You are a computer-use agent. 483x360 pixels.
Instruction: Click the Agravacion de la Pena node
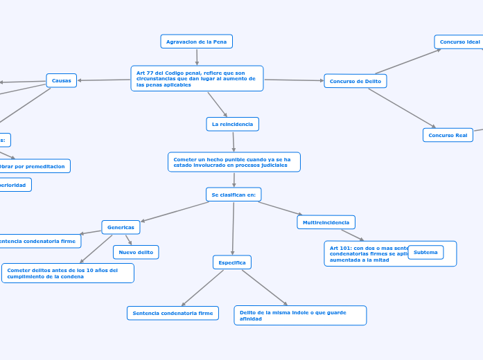pyautogui.click(x=196, y=42)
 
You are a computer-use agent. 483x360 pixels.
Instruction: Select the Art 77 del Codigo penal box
pyautogui.click(x=197, y=78)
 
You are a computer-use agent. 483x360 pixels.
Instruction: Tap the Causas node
pyautogui.click(x=62, y=80)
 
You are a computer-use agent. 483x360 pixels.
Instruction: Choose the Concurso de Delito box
pyautogui.click(x=355, y=81)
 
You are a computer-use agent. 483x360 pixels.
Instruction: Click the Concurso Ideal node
pyautogui.click(x=459, y=42)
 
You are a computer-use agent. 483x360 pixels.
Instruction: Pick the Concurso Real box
pyautogui.click(x=447, y=135)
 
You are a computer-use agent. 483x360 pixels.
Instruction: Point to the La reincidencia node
pyautogui.click(x=232, y=124)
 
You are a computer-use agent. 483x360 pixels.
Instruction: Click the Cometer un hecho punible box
pyautogui.click(x=234, y=162)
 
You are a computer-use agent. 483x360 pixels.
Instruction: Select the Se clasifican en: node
pyautogui.click(x=234, y=195)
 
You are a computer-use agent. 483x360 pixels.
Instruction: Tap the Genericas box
pyautogui.click(x=121, y=227)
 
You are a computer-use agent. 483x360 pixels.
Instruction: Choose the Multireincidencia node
pyautogui.click(x=326, y=222)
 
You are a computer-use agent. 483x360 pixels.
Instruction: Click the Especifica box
pyautogui.click(x=231, y=262)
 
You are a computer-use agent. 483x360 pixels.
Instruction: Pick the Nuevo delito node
pyautogui.click(x=136, y=252)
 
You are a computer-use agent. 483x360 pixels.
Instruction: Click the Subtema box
pyautogui.click(x=425, y=252)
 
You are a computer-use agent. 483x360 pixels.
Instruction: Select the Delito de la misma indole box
pyautogui.click(x=300, y=315)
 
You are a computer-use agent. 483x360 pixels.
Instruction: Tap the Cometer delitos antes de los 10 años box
pyautogui.click(x=67, y=273)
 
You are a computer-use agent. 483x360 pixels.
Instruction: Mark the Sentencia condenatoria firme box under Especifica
pyautogui.click(x=173, y=313)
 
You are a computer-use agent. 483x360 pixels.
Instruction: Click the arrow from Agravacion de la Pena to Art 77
pyautogui.click(x=197, y=57)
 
